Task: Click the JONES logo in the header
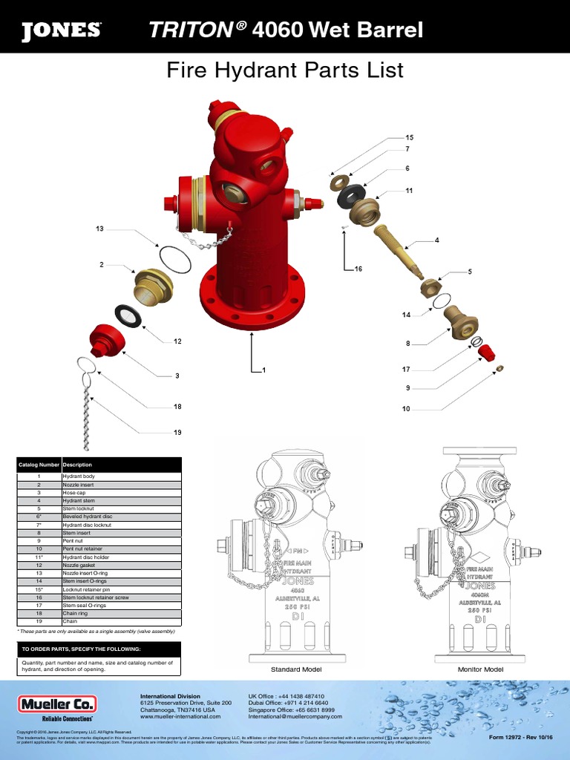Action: [x=61, y=30]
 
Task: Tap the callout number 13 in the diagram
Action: [x=99, y=229]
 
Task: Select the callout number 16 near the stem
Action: [x=358, y=269]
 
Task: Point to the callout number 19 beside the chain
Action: [x=177, y=433]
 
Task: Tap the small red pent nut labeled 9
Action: [x=486, y=351]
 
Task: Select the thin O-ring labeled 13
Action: [x=174, y=259]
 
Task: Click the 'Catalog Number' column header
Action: [x=39, y=465]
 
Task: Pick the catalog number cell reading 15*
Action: [x=39, y=590]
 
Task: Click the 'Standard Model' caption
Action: [x=295, y=669]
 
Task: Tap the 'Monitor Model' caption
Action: [x=481, y=669]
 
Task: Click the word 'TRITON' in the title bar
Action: [x=190, y=30]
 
